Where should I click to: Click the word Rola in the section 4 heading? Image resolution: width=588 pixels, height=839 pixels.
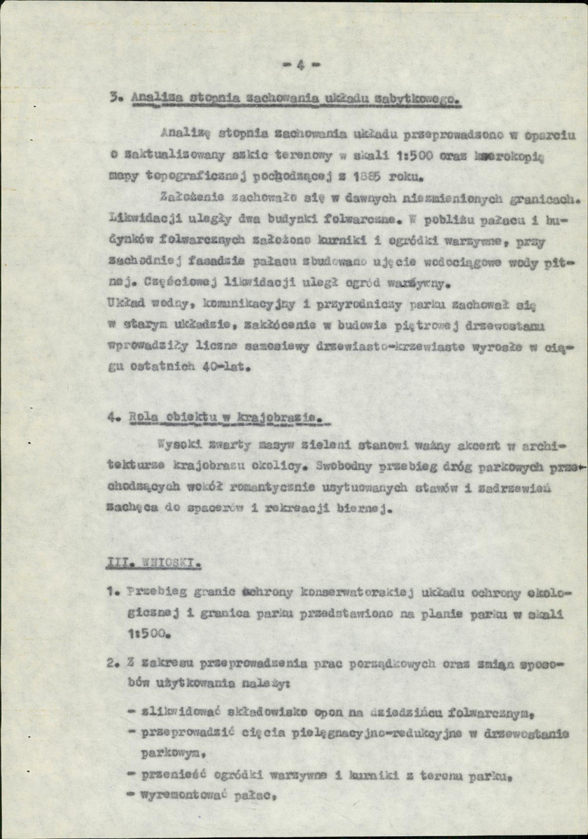pos(142,419)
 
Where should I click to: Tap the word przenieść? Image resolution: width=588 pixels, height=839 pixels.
pos(171,775)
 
